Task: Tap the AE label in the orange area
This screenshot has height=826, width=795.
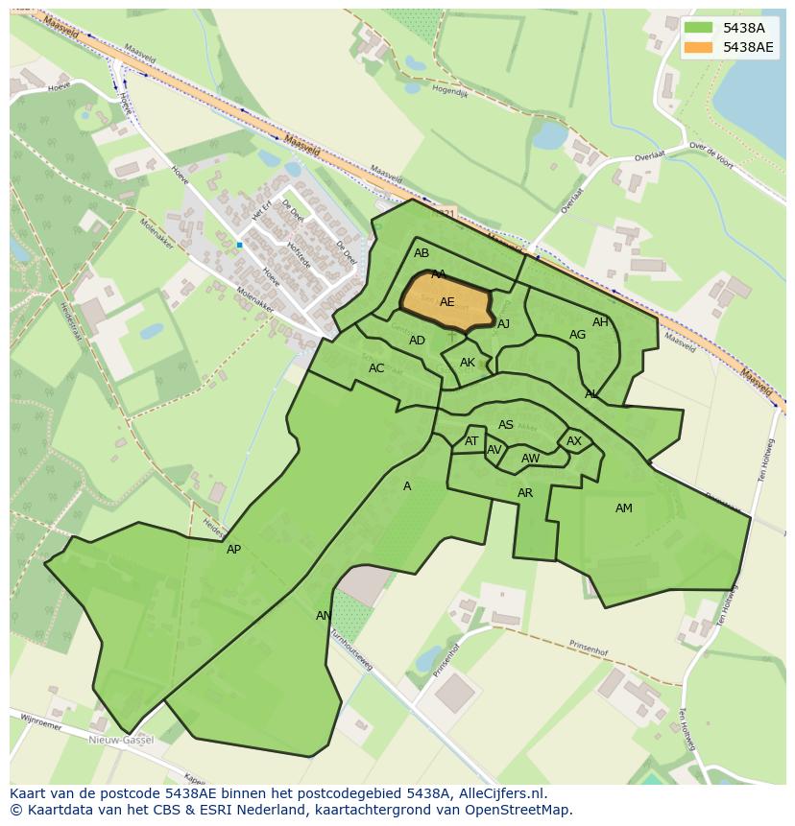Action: coord(446,302)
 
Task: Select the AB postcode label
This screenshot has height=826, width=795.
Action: coord(422,254)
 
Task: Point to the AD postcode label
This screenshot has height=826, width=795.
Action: coord(417,341)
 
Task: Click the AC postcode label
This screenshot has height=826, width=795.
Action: coord(376,368)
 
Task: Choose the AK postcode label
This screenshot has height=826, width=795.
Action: coord(468,363)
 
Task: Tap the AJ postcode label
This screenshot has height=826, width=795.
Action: coord(503,324)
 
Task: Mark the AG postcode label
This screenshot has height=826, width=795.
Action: coord(577,335)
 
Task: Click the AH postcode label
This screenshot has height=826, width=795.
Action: coord(600,322)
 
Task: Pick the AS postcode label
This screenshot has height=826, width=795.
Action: coord(506,425)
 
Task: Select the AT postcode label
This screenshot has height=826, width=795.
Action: coord(471,441)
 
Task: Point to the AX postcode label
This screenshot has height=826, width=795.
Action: coord(574,441)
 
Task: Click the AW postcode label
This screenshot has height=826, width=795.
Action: coord(530,459)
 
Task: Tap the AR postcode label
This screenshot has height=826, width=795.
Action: coord(525,493)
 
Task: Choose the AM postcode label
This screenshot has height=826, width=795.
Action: coord(624,508)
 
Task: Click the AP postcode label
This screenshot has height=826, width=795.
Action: coord(233,550)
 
